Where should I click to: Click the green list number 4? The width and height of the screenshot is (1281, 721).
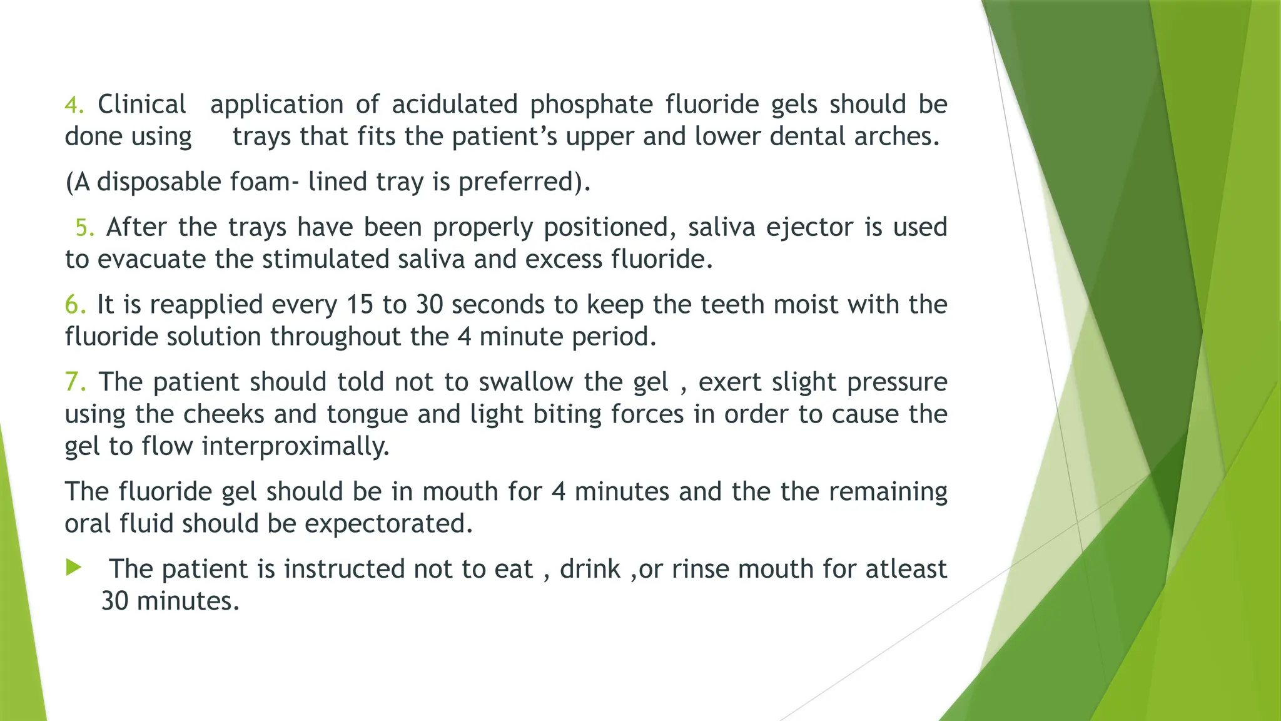click(73, 105)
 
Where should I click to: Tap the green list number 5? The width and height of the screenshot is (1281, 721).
click(84, 228)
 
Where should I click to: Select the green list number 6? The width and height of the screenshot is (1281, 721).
click(74, 305)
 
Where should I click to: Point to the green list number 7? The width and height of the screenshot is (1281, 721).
click(75, 382)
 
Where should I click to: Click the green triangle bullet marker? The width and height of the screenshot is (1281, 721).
click(74, 568)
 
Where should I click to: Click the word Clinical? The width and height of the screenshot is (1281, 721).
click(142, 105)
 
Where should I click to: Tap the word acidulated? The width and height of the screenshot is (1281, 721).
click(455, 105)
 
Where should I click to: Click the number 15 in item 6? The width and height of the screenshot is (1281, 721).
click(360, 305)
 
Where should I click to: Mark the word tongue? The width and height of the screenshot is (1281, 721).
click(367, 414)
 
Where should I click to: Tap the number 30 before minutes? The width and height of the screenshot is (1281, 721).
click(115, 601)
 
